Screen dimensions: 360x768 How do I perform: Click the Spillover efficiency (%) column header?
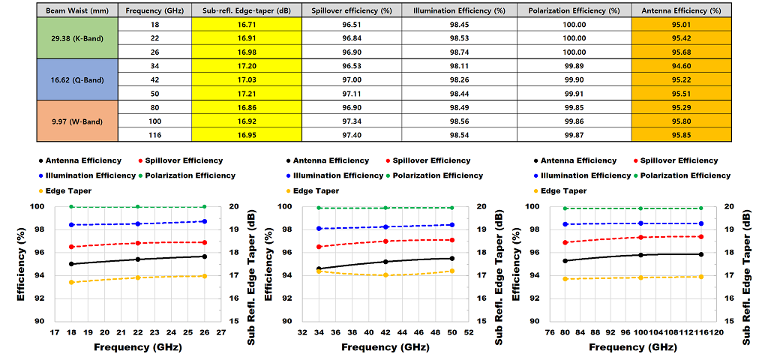351,11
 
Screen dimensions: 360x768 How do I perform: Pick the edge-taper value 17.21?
246,93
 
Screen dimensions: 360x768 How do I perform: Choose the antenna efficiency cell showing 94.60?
681,66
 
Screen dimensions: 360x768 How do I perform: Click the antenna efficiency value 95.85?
681,134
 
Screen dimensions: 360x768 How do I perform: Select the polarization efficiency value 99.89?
574,66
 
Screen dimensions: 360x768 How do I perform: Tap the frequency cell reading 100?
154,121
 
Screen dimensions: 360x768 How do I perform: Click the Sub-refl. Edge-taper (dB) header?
246,11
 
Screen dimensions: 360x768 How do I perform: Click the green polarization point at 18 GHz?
71,207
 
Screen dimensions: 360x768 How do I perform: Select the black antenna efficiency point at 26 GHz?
204,256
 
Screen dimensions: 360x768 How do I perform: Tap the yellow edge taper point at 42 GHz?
385,275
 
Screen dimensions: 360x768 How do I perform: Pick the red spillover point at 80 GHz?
564,242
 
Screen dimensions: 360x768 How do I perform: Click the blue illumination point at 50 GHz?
451,225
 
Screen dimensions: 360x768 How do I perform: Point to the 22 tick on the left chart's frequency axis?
137,331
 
